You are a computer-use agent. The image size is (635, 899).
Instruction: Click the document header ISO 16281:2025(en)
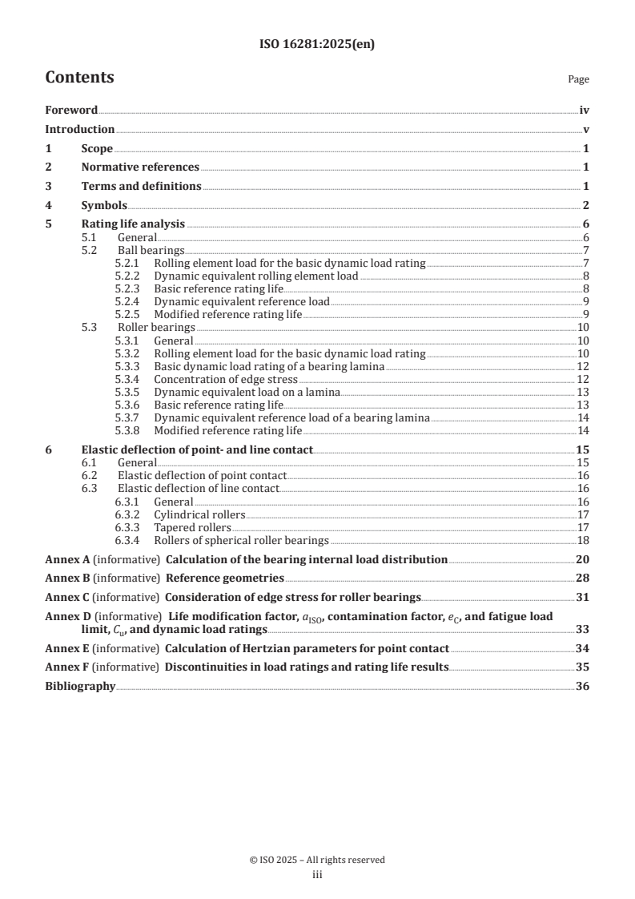click(317, 45)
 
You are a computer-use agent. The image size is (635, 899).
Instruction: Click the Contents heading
click(79, 78)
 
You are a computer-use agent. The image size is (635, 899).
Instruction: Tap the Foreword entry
click(71, 111)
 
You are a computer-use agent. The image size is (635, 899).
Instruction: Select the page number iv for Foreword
click(584, 111)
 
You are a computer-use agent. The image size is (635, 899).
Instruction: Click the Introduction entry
click(79, 129)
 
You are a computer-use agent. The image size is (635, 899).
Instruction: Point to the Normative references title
click(140, 167)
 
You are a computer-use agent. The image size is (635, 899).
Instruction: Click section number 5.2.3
click(128, 288)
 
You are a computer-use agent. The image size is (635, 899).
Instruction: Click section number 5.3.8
click(128, 430)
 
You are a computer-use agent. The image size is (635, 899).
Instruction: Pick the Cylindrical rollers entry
click(199, 514)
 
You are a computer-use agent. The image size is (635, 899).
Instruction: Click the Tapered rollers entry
click(192, 527)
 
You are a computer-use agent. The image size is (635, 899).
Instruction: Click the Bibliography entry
click(80, 686)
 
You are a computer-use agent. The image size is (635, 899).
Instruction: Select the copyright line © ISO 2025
click(317, 860)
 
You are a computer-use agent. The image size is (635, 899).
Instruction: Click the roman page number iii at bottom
click(317, 875)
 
